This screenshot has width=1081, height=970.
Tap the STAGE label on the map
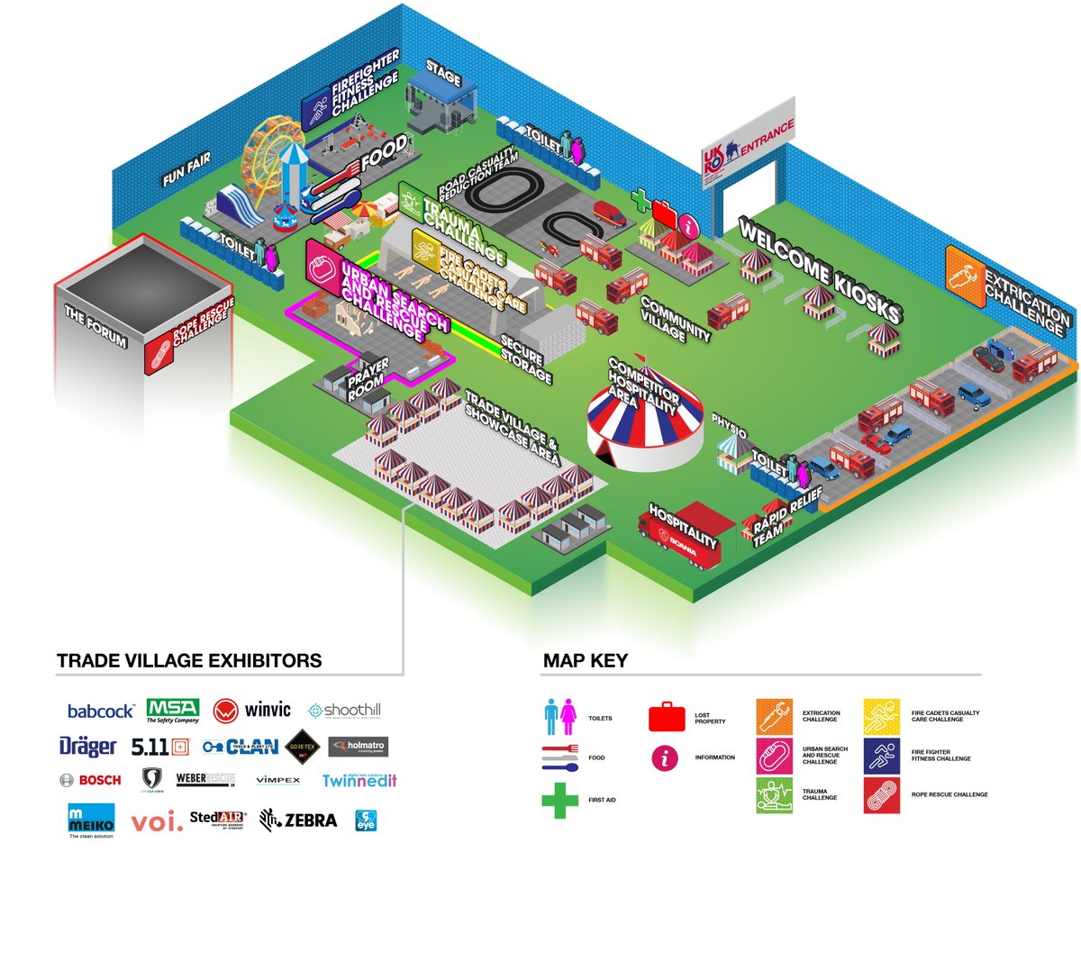click(443, 74)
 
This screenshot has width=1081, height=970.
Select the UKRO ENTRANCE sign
click(749, 144)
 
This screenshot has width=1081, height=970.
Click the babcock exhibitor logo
click(101, 712)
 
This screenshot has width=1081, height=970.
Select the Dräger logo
click(87, 747)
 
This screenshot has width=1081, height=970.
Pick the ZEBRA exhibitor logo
click(298, 820)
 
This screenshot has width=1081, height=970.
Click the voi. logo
click(157, 822)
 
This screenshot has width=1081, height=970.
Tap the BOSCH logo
click(90, 780)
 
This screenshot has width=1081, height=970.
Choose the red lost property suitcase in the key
click(668, 717)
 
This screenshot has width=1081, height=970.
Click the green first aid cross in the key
click(559, 800)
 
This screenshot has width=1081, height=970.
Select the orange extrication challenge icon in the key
click(774, 716)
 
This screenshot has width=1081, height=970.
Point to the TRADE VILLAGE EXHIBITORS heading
click(189, 661)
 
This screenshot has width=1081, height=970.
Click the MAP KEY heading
click(586, 661)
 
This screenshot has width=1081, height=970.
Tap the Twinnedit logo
click(359, 780)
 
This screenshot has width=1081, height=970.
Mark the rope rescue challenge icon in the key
click(882, 795)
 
